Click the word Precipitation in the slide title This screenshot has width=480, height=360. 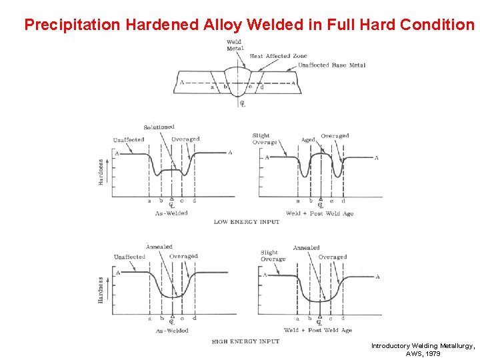click(x=71, y=25)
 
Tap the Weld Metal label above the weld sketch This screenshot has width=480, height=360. click(x=235, y=45)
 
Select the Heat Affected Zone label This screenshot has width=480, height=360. click(x=279, y=57)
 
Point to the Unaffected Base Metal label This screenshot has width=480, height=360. click(x=331, y=65)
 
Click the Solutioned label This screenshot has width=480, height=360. click(x=159, y=127)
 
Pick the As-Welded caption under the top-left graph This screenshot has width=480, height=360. click(x=171, y=213)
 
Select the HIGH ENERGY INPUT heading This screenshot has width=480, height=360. click(x=246, y=341)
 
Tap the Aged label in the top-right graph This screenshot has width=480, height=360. click(x=308, y=140)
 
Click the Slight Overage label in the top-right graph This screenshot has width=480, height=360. click(x=265, y=139)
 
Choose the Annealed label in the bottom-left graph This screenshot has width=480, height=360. click(x=159, y=247)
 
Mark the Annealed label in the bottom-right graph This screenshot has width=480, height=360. click(x=306, y=247)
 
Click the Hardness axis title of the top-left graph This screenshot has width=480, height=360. click(x=101, y=171)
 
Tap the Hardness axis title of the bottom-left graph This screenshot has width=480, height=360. click(x=101, y=291)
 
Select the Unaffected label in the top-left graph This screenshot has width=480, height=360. click(x=129, y=140)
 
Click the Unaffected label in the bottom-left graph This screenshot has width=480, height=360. click(x=129, y=257)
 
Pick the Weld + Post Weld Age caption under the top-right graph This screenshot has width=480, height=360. click(x=319, y=213)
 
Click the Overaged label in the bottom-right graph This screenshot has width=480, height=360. click(x=332, y=257)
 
